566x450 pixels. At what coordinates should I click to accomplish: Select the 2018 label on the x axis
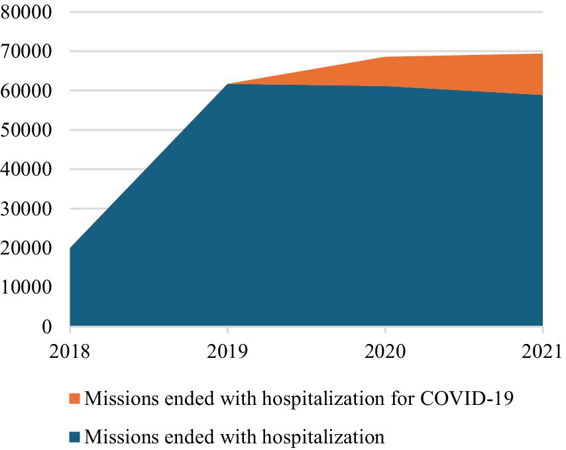pyautogui.click(x=70, y=349)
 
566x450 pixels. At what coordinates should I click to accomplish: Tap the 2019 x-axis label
pyautogui.click(x=227, y=349)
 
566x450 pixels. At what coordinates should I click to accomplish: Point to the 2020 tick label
pyautogui.click(x=385, y=349)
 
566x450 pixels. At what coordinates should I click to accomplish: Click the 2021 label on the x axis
pyautogui.click(x=543, y=349)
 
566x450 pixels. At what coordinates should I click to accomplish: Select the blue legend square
pyautogui.click(x=76, y=437)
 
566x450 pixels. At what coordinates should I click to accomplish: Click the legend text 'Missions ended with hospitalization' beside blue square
pyautogui.click(x=235, y=436)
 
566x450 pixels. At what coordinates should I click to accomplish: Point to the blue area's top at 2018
pyautogui.click(x=70, y=248)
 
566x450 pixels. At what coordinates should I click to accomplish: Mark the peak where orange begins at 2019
pyautogui.click(x=227, y=84)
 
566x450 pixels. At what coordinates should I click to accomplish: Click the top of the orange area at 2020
pyautogui.click(x=385, y=57)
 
